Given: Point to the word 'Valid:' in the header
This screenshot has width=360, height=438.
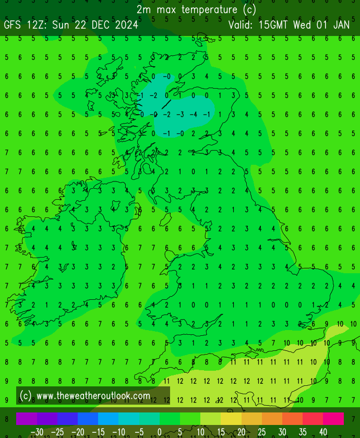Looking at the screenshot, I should click(241, 25).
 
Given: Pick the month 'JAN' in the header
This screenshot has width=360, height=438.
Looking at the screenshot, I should click(341, 25).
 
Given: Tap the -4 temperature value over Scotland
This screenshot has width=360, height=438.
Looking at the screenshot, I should click(193, 114).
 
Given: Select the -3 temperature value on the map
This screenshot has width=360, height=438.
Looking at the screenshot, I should click(179, 114).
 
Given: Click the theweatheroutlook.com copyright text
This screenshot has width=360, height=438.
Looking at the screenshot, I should click(86, 396).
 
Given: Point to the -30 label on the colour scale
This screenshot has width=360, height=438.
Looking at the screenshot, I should click(37, 432).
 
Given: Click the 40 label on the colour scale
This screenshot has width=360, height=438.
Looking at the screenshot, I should click(323, 432).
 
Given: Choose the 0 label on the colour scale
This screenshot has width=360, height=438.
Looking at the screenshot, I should click(159, 432).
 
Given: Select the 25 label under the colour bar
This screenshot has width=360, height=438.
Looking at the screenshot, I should click(261, 432).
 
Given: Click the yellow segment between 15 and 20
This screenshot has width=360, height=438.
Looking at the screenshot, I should click(231, 419).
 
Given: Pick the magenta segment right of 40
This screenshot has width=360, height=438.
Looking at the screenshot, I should click(334, 419).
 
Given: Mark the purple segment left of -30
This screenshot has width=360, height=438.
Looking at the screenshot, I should click(27, 419).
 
